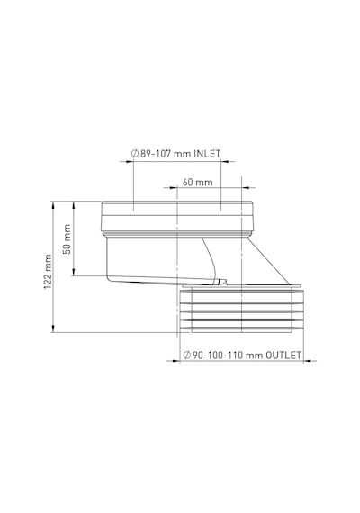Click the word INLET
pos(208,153)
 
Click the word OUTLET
pos(283,355)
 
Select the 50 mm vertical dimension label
pos(67,239)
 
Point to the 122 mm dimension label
pos(48,272)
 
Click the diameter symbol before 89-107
pos(135,153)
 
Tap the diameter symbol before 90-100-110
pos(187,355)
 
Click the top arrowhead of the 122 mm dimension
pos(52,205)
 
